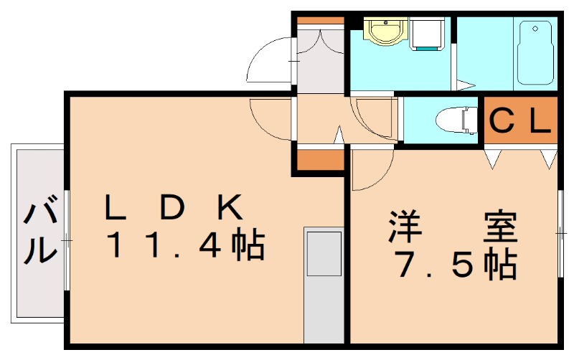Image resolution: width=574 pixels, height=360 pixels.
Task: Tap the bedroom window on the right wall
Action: click(561, 233)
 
